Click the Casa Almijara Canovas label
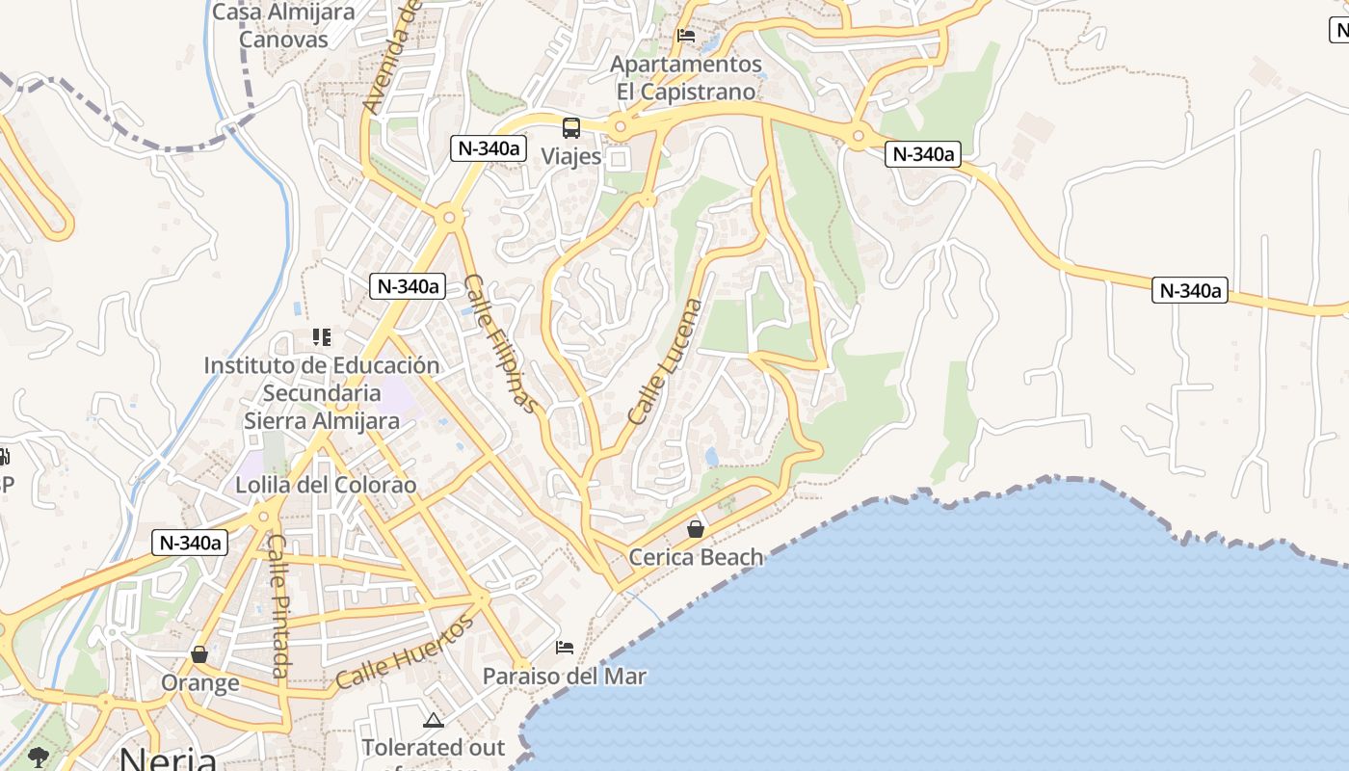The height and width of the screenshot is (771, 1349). pyautogui.click(x=283, y=26)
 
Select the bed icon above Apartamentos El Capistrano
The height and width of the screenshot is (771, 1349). pyautogui.click(x=686, y=36)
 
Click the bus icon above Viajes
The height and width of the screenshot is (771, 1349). pyautogui.click(x=571, y=127)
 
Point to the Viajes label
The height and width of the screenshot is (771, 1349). pyautogui.click(x=570, y=156)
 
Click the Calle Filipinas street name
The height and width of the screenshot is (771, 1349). pyautogui.click(x=500, y=343)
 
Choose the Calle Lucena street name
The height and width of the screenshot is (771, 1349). pyautogui.click(x=666, y=361)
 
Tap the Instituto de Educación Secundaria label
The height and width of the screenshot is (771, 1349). pyautogui.click(x=321, y=380)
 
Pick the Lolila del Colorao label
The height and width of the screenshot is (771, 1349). pyautogui.click(x=326, y=485)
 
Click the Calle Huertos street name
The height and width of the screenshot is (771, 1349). pyautogui.click(x=406, y=651)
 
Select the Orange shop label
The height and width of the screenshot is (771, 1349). pyautogui.click(x=199, y=683)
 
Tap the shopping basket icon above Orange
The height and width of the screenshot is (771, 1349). pyautogui.click(x=199, y=655)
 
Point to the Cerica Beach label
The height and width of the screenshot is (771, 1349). pyautogui.click(x=696, y=557)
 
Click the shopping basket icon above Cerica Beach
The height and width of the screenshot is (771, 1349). pyautogui.click(x=696, y=529)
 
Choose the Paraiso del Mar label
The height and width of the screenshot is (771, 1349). pyautogui.click(x=565, y=676)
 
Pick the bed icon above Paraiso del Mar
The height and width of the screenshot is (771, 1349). pyautogui.click(x=565, y=648)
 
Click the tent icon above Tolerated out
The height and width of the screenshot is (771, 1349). pyautogui.click(x=434, y=720)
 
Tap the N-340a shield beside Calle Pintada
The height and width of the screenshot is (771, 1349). pyautogui.click(x=189, y=543)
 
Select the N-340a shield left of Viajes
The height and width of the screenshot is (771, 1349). pyautogui.click(x=489, y=148)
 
